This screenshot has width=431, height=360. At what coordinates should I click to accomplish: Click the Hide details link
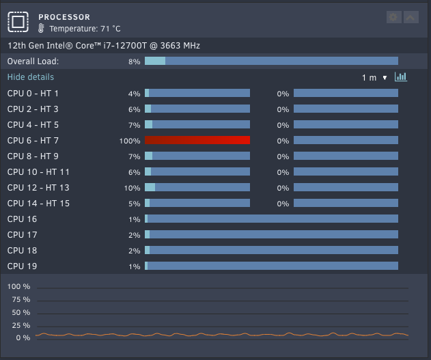pyautogui.click(x=31, y=77)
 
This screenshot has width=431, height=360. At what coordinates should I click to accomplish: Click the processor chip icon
pyautogui.click(x=18, y=22)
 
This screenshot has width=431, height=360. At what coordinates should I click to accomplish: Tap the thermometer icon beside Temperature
pyautogui.click(x=41, y=28)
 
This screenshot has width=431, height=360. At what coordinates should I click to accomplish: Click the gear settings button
pyautogui.click(x=393, y=17)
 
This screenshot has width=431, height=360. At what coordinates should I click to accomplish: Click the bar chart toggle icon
pyautogui.click(x=401, y=77)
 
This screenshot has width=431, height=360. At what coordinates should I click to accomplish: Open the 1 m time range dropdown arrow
pyautogui.click(x=385, y=78)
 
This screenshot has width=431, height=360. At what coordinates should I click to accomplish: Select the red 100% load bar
pyautogui.click(x=197, y=140)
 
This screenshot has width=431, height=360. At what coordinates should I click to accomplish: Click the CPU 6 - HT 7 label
pyautogui.click(x=33, y=141)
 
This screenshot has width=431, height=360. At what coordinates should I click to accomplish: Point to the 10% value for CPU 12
pyautogui.click(x=132, y=188)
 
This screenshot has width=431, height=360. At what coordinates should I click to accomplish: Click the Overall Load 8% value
pyautogui.click(x=134, y=61)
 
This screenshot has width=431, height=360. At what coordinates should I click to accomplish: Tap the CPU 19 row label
pyautogui.click(x=22, y=266)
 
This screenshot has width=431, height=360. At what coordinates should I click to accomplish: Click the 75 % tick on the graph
pyautogui.click(x=21, y=299)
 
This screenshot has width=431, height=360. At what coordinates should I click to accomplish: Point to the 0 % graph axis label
pyautogui.click(x=23, y=337)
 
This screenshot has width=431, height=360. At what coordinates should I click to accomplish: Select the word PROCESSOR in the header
pyautogui.click(x=64, y=17)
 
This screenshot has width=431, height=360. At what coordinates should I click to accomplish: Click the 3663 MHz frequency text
pyautogui.click(x=180, y=46)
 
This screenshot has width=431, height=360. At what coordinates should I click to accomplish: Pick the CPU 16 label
pyautogui.click(x=22, y=219)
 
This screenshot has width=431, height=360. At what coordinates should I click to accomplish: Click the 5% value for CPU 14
pyautogui.click(x=134, y=204)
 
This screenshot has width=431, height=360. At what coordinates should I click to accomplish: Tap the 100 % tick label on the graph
pyautogui.click(x=18, y=287)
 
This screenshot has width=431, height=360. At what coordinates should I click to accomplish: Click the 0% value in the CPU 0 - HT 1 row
pyautogui.click(x=283, y=94)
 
